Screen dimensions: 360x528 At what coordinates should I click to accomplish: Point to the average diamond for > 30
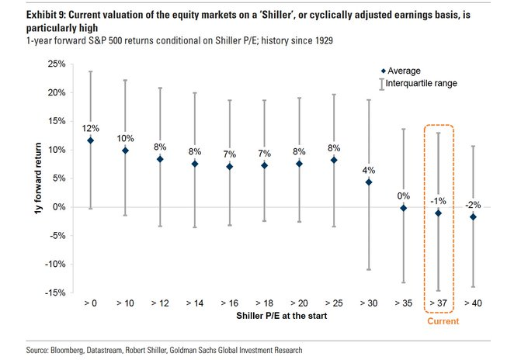coord(369,182)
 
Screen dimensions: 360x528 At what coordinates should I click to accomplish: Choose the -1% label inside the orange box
coord(439,200)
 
